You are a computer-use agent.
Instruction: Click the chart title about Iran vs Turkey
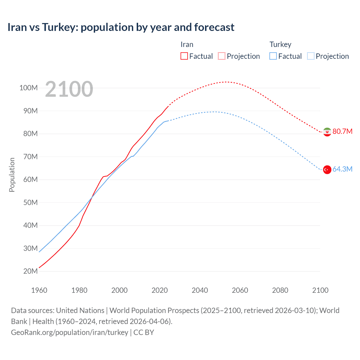[121, 27]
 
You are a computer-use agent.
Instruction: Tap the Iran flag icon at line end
[327, 132]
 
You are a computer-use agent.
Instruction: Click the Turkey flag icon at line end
[327, 170]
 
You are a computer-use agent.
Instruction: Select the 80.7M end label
[342, 131]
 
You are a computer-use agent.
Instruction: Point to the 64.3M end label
[342, 169]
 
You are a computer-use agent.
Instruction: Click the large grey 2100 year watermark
[69, 89]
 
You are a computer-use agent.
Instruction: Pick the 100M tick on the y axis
[28, 88]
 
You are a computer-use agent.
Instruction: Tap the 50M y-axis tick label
[30, 202]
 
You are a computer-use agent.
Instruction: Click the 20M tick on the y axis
[30, 271]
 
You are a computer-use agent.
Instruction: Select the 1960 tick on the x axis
[39, 290]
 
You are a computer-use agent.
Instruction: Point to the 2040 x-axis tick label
[200, 290]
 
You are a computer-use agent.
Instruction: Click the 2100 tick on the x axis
[320, 290]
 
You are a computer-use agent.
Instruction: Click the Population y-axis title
[12, 175]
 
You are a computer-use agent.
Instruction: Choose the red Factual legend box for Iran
[184, 56]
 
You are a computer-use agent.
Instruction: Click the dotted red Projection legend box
[222, 56]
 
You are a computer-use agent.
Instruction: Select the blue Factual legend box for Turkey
[273, 56]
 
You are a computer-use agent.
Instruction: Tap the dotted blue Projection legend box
[310, 56]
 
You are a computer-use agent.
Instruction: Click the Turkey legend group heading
[280, 44]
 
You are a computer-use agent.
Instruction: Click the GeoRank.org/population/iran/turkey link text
[69, 332]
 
